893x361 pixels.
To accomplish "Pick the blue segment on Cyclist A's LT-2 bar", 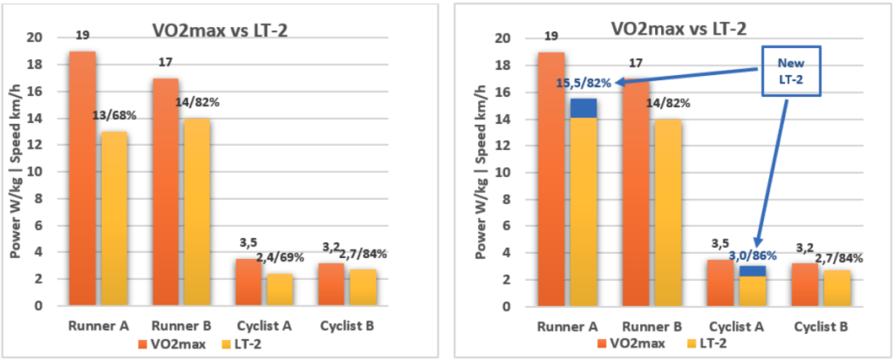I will pos(753,271).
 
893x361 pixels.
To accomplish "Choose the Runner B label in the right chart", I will pos(648,327).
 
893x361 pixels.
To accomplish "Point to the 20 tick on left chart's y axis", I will pos(34,37).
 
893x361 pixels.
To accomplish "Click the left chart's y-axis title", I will pos(15,172).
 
